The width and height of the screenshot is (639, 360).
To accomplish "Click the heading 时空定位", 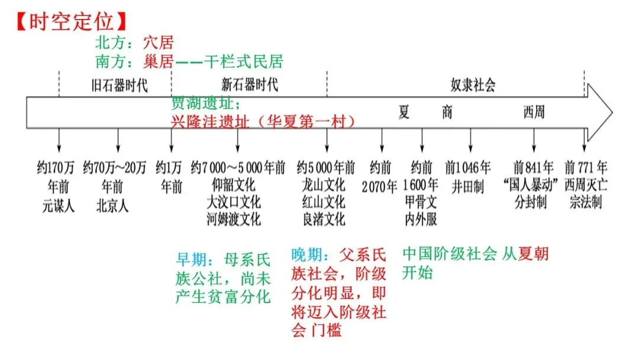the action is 72,21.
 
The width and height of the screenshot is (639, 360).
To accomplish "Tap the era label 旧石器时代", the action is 119,86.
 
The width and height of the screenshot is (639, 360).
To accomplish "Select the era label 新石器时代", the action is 250,85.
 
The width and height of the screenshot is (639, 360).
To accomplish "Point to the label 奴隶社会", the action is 473,85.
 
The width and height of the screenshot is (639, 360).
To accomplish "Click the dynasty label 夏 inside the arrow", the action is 404,112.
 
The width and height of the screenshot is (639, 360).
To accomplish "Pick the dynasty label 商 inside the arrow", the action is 447,112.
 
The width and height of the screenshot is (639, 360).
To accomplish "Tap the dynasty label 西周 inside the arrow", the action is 534,112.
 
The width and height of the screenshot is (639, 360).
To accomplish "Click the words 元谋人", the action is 59,206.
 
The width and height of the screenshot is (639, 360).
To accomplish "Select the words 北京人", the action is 112,206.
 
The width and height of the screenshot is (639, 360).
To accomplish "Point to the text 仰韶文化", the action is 234,185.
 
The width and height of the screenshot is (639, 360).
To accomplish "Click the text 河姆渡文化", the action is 234,219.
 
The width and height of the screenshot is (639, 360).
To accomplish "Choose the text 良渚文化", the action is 324,219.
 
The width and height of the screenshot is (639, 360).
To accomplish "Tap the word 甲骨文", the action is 421,202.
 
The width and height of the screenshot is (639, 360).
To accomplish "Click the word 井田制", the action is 468,187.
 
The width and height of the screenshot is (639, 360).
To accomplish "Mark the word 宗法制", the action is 586,202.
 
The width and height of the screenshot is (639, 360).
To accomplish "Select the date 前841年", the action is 533,167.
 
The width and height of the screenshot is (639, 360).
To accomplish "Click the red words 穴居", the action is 159,43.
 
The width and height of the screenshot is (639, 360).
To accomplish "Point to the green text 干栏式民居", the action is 244,62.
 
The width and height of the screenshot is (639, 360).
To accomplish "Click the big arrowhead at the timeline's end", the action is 599,112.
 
